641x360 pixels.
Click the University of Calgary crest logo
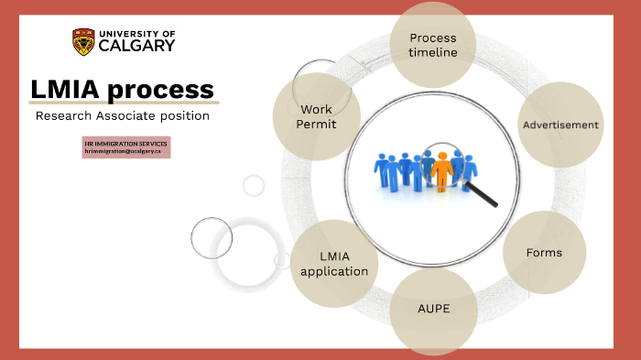(x=82, y=41)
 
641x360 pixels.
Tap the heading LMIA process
(x=122, y=90)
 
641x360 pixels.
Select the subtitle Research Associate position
(x=122, y=116)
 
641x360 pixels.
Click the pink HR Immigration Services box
(x=126, y=147)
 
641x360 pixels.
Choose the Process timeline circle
(x=432, y=44)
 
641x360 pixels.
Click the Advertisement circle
(x=560, y=125)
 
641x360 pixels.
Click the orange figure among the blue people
(x=444, y=171)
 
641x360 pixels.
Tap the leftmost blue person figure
(x=380, y=169)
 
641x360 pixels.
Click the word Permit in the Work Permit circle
(x=317, y=124)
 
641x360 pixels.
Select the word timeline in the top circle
(x=433, y=53)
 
